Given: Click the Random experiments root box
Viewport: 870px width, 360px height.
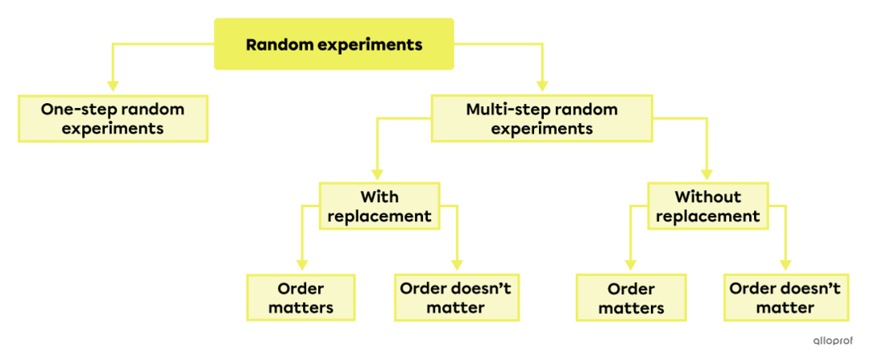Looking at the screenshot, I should coord(333,44).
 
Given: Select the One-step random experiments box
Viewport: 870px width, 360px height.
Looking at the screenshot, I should coord(113,118).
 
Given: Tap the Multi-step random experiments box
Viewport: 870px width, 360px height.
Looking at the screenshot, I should coord(541,118).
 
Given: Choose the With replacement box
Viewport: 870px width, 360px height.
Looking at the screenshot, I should coord(379,206).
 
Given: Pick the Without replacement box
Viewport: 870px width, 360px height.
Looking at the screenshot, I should coord(707,206).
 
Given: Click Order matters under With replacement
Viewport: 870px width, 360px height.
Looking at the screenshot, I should coord(300,298).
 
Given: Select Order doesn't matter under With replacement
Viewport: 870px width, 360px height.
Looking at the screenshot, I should coord(455,298).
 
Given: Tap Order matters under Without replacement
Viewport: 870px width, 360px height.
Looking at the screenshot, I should coord(631,298).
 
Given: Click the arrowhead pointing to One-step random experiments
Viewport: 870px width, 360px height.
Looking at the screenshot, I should coord(113,85).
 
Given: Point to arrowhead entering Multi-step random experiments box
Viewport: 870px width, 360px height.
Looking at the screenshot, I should coord(541,85).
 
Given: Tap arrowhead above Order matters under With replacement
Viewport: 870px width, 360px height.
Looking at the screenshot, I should coord(302,264).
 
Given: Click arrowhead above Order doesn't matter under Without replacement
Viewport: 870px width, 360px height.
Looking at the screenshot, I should coord(784,264).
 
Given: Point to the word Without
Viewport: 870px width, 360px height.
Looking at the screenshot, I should coord(707,197).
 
